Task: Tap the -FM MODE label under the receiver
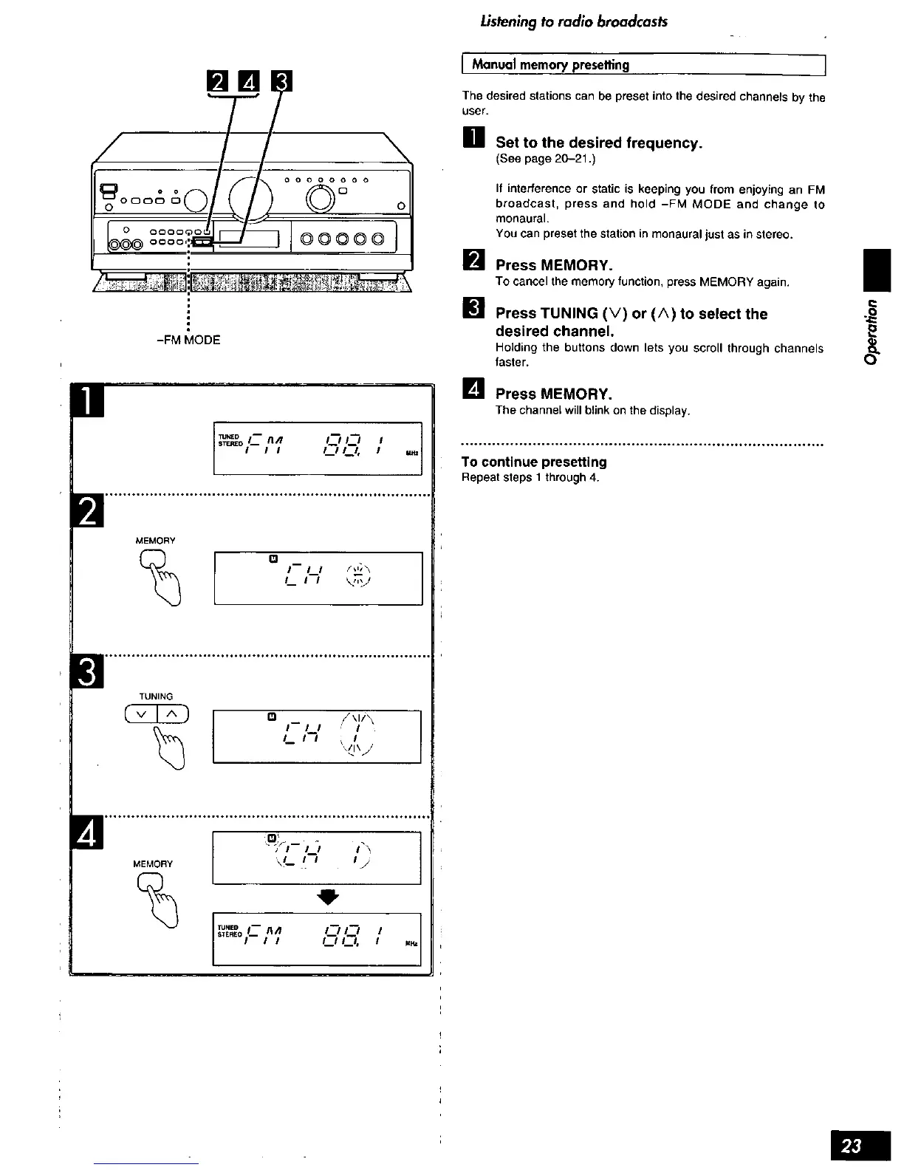pos(188,340)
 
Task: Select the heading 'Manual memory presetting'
pos(550,65)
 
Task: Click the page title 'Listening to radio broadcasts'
pos(573,21)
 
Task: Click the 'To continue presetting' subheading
pos(534,462)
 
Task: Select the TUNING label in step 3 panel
pos(156,697)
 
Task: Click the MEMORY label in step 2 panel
pos(155,541)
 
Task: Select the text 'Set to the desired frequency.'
pos(598,143)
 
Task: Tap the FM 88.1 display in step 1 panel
pos(317,448)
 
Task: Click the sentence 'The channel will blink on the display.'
pos(592,410)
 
